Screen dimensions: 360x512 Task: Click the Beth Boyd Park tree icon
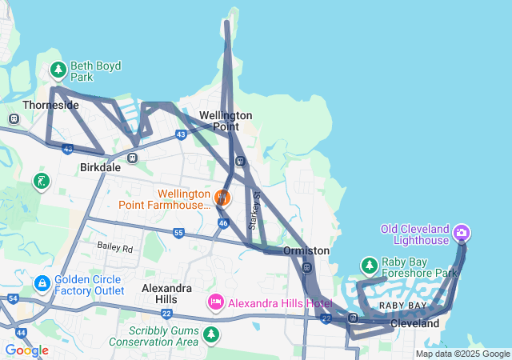click(58, 70)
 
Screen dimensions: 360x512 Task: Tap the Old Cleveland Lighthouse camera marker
click(461, 234)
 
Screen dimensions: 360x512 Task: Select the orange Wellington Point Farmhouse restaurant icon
click(222, 195)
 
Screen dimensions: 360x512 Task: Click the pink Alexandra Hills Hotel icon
click(215, 302)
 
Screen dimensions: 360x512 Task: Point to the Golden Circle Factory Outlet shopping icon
click(42, 283)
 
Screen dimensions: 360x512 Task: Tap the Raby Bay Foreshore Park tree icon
click(369, 265)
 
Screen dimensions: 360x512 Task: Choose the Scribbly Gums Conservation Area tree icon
click(211, 334)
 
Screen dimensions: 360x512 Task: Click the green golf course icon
click(42, 182)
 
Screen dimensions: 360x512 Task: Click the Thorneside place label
click(51, 105)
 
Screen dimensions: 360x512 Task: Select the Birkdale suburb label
click(100, 168)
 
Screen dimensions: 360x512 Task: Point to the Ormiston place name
click(306, 250)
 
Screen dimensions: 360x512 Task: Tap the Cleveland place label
click(415, 324)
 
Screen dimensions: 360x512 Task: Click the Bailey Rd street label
click(114, 249)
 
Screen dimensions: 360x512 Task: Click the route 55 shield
click(178, 233)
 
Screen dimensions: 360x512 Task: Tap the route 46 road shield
click(223, 223)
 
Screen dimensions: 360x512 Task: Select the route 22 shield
click(326, 318)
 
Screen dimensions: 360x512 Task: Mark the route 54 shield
click(13, 298)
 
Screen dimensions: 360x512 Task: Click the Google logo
click(26, 350)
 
